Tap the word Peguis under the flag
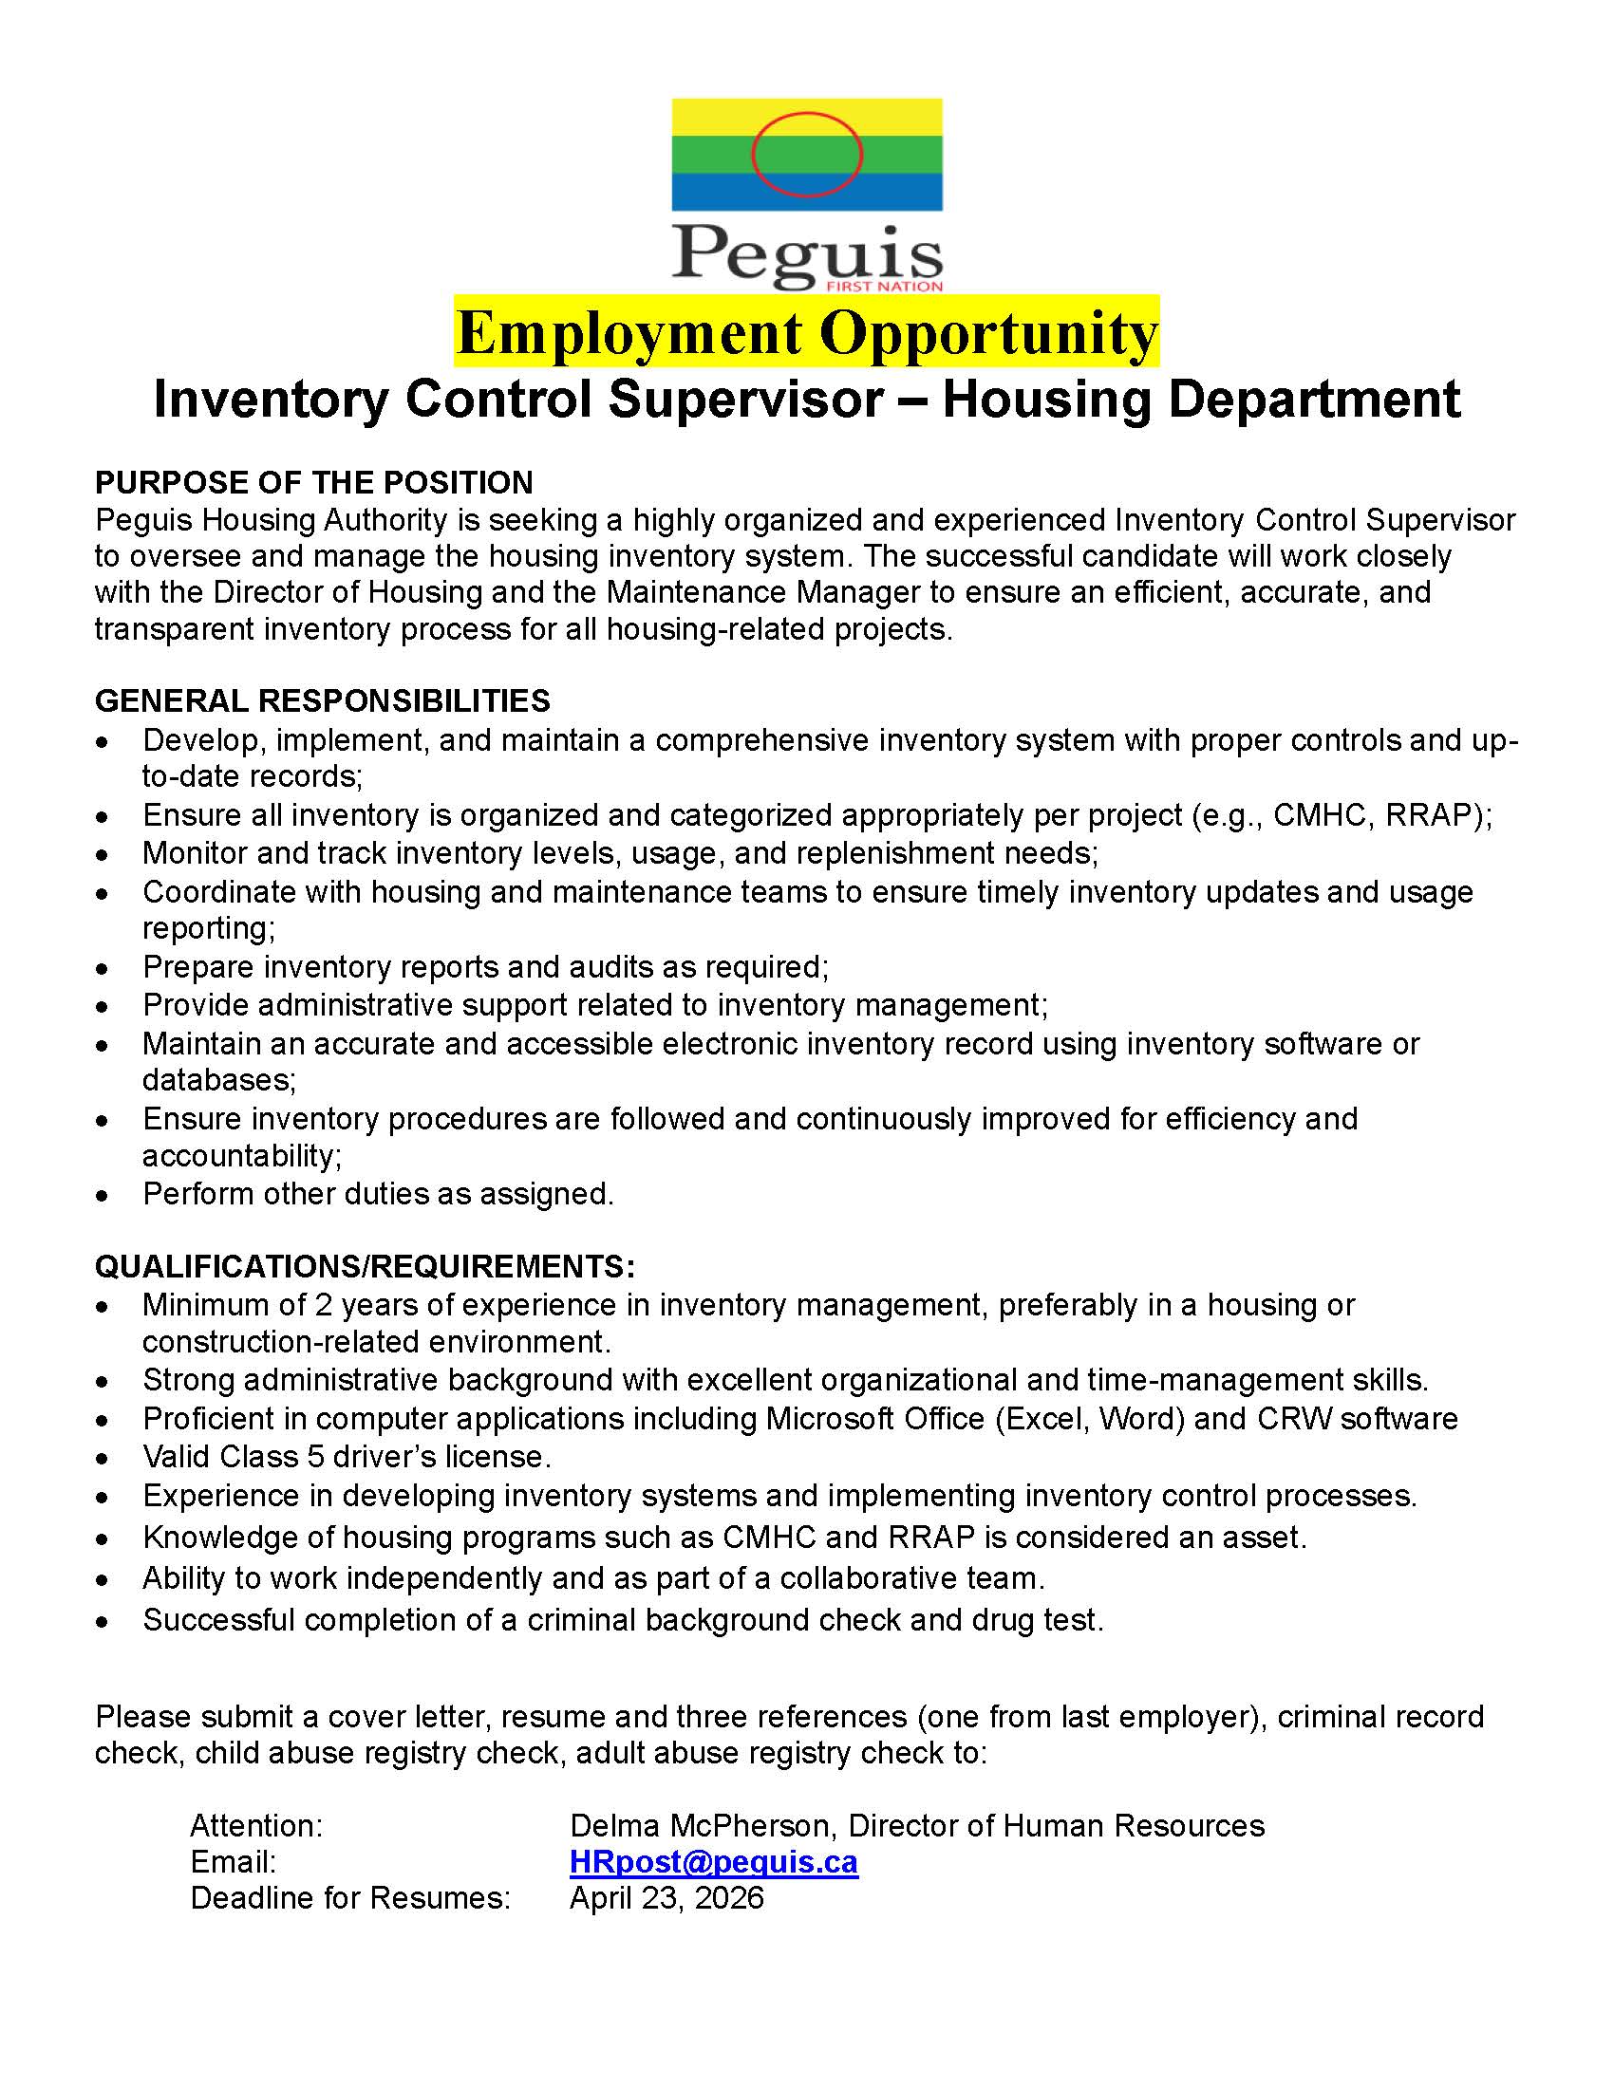[806, 254]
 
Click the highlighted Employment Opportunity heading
[806, 333]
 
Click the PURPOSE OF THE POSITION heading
[313, 483]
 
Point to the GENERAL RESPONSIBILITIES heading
[322, 700]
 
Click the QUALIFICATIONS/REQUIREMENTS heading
[365, 1267]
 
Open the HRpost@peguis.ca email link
[713, 1862]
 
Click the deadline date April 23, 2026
[666, 1898]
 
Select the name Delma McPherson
[703, 1826]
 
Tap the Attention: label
[256, 1826]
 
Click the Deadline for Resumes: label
[350, 1898]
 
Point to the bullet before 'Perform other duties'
[103, 1196]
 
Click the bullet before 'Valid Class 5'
[103, 1459]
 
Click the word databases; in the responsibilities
[219, 1080]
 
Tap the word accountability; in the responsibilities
[242, 1156]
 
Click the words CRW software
[1357, 1419]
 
